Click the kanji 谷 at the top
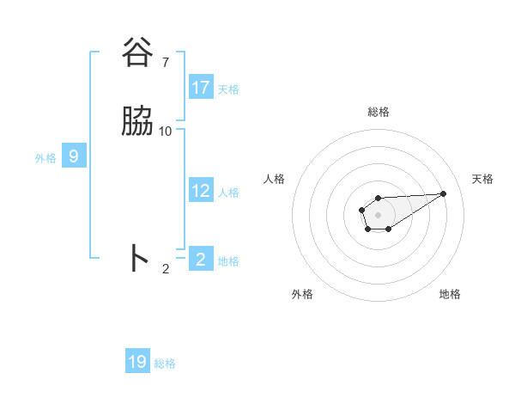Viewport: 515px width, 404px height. [x=137, y=53]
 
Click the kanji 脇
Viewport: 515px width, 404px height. [x=137, y=122]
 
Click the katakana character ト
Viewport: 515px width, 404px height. [x=138, y=258]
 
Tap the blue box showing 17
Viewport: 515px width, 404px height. [x=201, y=88]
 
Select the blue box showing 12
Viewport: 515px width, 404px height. [x=201, y=191]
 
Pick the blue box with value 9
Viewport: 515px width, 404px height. [x=74, y=156]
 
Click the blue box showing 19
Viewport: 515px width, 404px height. [x=137, y=362]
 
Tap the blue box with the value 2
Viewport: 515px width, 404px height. [x=201, y=259]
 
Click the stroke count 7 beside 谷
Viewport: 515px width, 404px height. [x=165, y=62]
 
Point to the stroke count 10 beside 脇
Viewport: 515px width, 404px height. [x=166, y=131]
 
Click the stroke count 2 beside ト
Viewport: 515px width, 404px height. [x=166, y=268]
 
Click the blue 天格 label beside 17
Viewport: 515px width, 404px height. [x=228, y=89]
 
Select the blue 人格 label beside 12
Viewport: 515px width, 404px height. [x=228, y=192]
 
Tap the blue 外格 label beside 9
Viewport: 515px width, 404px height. [x=45, y=157]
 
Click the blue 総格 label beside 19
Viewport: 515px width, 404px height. [x=165, y=364]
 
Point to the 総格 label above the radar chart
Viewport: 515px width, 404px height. [x=379, y=112]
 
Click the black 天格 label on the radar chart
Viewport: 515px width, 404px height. [x=482, y=179]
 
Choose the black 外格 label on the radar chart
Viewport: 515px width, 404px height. [x=302, y=294]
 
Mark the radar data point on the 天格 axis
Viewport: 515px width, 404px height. [x=444, y=193]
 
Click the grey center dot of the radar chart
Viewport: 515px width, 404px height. [x=378, y=214]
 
